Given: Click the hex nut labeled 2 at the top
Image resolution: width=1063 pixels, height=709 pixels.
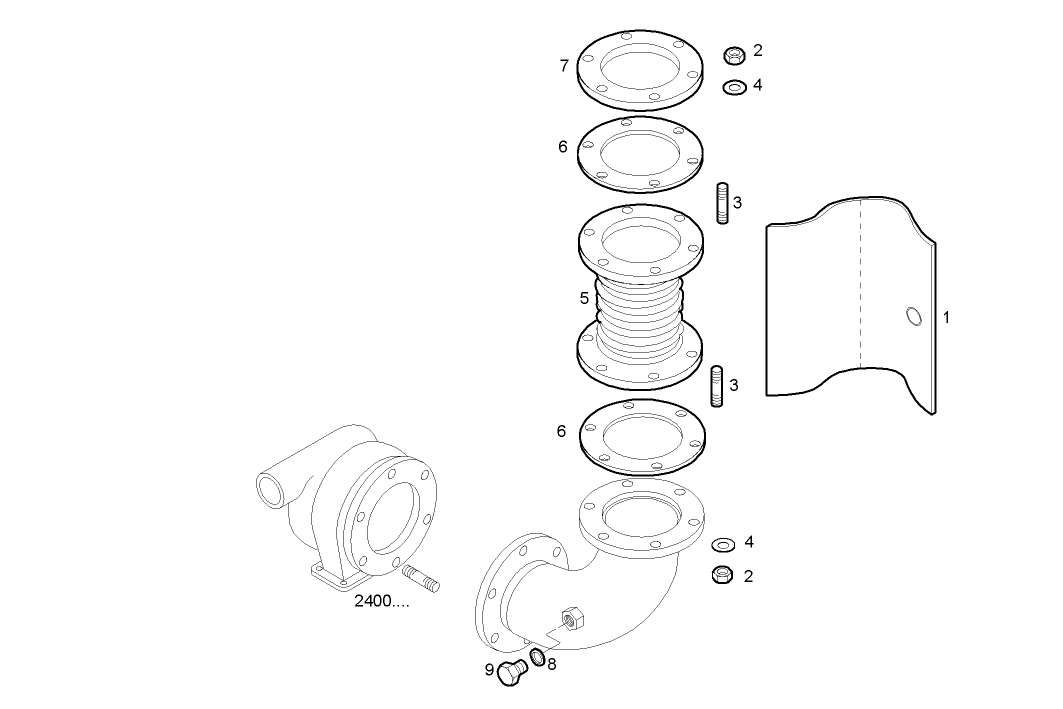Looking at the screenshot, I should pyautogui.click(x=734, y=55).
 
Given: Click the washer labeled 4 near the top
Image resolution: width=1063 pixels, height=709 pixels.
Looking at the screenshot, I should pyautogui.click(x=734, y=87).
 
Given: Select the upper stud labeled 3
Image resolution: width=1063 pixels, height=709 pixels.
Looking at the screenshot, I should pyautogui.click(x=722, y=203).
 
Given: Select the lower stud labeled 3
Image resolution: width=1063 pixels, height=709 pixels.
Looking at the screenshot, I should pyautogui.click(x=716, y=385).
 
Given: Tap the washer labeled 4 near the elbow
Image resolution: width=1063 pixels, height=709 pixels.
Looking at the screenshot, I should pyautogui.click(x=723, y=544).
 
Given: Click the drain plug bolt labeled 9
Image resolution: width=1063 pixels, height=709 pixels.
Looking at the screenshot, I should pyautogui.click(x=511, y=672).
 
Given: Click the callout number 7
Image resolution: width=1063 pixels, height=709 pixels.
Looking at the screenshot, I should pyautogui.click(x=564, y=66).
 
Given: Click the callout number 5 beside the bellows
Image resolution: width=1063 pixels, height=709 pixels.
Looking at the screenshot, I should pyautogui.click(x=584, y=298).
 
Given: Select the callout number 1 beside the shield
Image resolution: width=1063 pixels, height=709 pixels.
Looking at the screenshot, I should pyautogui.click(x=946, y=317).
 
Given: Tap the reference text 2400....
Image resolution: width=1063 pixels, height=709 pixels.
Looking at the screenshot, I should pyautogui.click(x=381, y=601).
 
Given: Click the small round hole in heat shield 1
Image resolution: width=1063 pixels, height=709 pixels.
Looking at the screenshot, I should pyautogui.click(x=914, y=316).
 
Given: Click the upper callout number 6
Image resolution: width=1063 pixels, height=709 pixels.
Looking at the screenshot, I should pyautogui.click(x=563, y=147).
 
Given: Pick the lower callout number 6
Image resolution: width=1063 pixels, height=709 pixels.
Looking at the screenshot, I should pyautogui.click(x=561, y=431).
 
